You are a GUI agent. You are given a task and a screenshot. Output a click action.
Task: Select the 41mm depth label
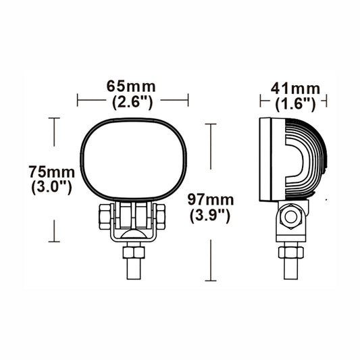point(294,88)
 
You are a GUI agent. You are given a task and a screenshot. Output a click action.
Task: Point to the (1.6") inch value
point(295,104)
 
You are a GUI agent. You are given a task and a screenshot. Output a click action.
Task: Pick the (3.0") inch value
point(51,187)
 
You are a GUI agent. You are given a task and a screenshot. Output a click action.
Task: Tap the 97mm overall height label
point(211,200)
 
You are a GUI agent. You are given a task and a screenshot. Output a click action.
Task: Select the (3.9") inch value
point(211,217)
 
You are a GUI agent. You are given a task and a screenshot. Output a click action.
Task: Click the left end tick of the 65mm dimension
point(78,100)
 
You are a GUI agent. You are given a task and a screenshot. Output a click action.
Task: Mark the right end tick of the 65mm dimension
point(187,100)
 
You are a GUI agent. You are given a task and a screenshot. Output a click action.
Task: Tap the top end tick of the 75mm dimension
point(53,118)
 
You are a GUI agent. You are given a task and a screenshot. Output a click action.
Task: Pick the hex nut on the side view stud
point(291,252)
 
